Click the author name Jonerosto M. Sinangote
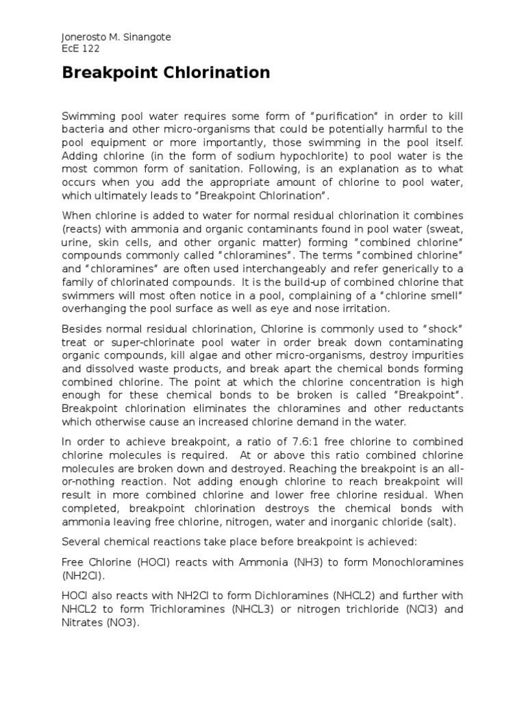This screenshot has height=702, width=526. pyautogui.click(x=116, y=38)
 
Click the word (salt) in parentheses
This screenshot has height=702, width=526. pyautogui.click(x=440, y=521)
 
